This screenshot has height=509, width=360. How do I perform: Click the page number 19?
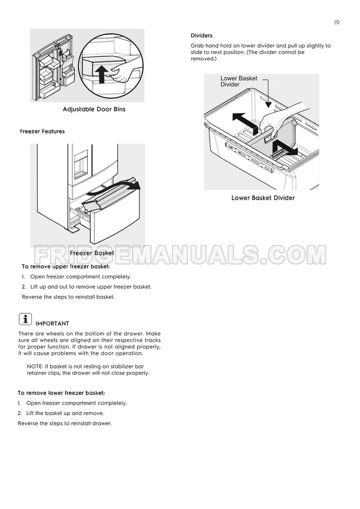point(336,23)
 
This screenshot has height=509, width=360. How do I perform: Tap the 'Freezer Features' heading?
point(42,132)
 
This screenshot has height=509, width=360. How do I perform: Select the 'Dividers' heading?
point(201,36)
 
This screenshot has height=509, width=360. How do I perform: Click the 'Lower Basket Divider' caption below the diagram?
point(263,198)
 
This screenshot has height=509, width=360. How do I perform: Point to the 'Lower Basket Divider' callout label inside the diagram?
point(239,81)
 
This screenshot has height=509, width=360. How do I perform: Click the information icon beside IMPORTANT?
point(25,319)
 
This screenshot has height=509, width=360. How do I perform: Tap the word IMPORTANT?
point(52,323)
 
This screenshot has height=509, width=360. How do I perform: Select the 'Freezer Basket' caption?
point(92,253)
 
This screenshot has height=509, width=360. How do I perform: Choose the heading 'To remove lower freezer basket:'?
point(61,392)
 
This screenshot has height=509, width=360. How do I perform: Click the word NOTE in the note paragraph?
point(35,366)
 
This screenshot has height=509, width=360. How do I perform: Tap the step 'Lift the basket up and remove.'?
point(65,413)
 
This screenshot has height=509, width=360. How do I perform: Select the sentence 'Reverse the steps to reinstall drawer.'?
point(64,423)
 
